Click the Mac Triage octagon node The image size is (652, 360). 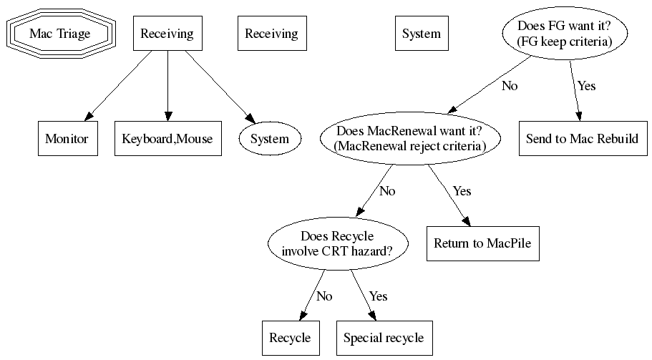pos(60,34)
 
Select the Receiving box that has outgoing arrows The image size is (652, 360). pos(167,34)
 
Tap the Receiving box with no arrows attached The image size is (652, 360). pos(271,34)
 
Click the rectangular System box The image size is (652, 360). pos(422,34)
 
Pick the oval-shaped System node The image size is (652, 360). pos(269,139)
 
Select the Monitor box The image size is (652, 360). pos(67,139)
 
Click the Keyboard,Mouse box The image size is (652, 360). pos(167,139)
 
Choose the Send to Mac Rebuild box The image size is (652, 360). pos(582,139)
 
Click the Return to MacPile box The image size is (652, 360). pos(483,244)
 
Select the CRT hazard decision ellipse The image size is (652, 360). pos(337,244)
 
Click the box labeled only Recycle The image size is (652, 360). pos(290,338)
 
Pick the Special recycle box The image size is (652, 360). pos(384,338)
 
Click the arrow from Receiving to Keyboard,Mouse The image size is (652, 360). pos(167,86)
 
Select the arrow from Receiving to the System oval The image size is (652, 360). pos(218,86)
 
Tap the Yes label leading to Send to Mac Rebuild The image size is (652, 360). pos(586,86)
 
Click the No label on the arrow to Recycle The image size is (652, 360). pos(324,296)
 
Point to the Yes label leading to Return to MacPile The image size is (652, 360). pos(462,191)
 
